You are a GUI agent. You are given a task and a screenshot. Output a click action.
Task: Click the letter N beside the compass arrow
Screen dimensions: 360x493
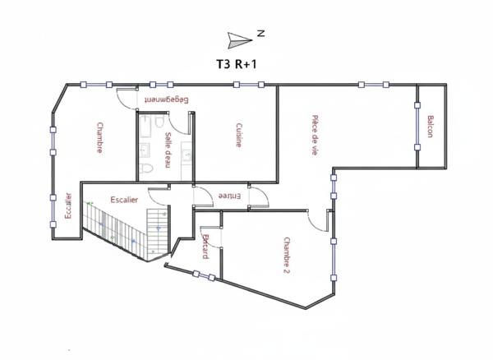click(x=260, y=33)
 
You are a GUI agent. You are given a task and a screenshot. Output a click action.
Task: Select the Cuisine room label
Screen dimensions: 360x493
click(x=238, y=135)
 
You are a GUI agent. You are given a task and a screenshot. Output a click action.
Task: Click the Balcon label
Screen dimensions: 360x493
click(x=431, y=127)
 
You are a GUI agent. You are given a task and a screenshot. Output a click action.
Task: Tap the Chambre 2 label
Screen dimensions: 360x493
click(x=287, y=254)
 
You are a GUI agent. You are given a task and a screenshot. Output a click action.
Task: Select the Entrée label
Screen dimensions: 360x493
click(x=229, y=196)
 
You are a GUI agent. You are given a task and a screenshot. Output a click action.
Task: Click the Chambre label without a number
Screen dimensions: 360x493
click(x=99, y=137)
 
